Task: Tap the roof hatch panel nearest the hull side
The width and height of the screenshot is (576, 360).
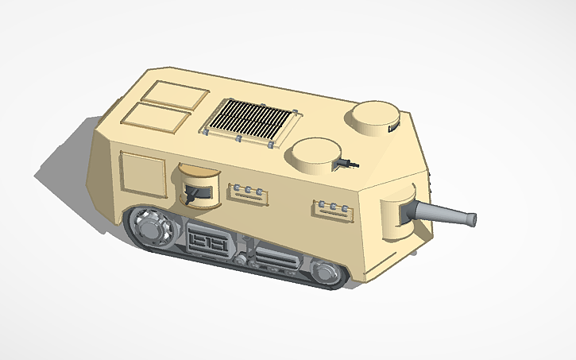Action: pyautogui.click(x=157, y=119)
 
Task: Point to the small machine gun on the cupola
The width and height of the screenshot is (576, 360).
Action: pyautogui.click(x=346, y=163)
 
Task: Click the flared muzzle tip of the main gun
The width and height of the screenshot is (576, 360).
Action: pyautogui.click(x=471, y=219)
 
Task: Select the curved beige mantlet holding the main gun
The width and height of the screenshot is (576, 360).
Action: pyautogui.click(x=397, y=215)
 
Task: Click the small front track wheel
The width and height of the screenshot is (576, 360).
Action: pyautogui.click(x=324, y=273)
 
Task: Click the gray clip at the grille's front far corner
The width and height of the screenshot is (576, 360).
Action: pyautogui.click(x=296, y=114)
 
